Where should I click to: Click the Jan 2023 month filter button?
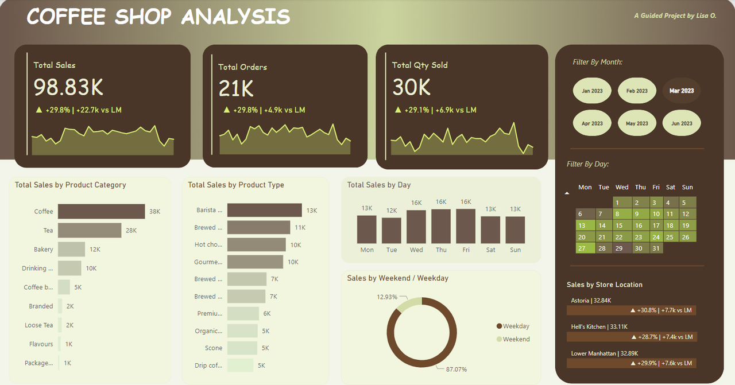pyautogui.click(x=592, y=91)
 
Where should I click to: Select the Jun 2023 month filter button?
pyautogui.click(x=682, y=123)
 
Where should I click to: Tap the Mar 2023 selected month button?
pyautogui.click(x=682, y=91)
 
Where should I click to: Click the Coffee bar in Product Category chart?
pyautogui.click(x=101, y=211)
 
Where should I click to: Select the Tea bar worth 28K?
pyautogui.click(x=89, y=230)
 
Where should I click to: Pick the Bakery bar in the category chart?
pyautogui.click(x=71, y=249)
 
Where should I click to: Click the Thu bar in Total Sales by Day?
pyautogui.click(x=441, y=226)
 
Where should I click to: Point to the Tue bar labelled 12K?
pyautogui.click(x=392, y=230)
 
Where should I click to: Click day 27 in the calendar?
pyautogui.click(x=583, y=248)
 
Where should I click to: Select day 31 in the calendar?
pyautogui.click(x=656, y=248)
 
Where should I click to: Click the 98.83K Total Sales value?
pyautogui.click(x=68, y=87)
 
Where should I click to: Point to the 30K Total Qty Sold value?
pyautogui.click(x=411, y=87)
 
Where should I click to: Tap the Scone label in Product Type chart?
pyautogui.click(x=213, y=348)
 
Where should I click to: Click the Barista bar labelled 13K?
pyautogui.click(x=264, y=210)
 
